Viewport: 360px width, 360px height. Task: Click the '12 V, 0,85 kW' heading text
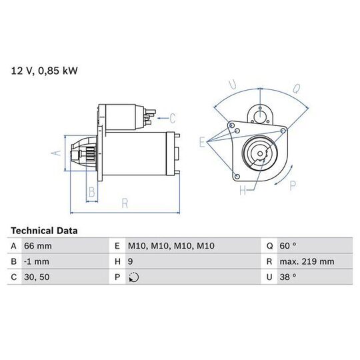click(x=44, y=71)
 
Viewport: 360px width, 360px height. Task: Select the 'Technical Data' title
click(x=44, y=231)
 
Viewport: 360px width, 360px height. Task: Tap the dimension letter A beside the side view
click(x=56, y=153)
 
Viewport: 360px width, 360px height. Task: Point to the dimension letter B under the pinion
click(x=92, y=192)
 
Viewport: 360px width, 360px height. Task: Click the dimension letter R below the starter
click(x=125, y=203)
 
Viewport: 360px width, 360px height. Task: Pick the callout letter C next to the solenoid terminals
click(x=173, y=119)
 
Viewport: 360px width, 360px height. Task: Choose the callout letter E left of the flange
click(x=202, y=142)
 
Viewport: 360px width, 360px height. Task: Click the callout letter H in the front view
click(x=243, y=190)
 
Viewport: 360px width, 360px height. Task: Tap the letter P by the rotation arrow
click(x=293, y=186)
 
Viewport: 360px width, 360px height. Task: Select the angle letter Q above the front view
click(x=297, y=89)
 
